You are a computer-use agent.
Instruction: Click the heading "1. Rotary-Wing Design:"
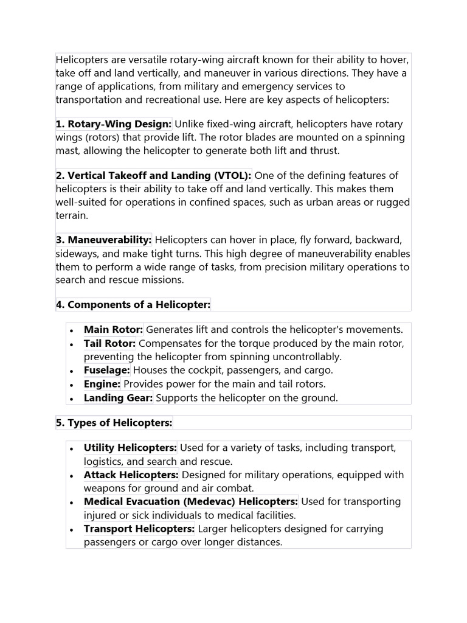tap(114, 124)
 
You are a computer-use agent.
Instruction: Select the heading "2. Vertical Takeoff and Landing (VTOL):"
tap(153, 176)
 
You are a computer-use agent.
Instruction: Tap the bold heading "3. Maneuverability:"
tap(103, 240)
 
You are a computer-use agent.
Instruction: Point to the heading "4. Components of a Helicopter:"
tap(133, 304)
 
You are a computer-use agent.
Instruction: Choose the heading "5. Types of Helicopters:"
tap(114, 422)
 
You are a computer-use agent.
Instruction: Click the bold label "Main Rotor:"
tap(113, 330)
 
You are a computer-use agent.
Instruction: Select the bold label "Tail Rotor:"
tap(109, 343)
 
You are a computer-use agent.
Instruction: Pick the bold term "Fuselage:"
tap(107, 370)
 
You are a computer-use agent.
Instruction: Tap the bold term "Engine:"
tap(102, 384)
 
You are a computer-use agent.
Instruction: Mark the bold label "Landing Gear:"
tap(119, 398)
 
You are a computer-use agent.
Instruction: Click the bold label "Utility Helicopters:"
tap(130, 448)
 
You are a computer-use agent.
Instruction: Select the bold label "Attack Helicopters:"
tap(131, 475)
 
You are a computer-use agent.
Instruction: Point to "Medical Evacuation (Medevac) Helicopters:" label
tap(191, 501)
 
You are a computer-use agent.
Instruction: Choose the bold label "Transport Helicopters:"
tap(139, 529)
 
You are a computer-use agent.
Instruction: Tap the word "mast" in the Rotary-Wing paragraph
tap(67, 150)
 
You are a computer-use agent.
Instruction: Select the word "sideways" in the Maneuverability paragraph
tap(75, 254)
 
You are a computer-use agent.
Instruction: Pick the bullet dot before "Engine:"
tap(72, 385)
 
